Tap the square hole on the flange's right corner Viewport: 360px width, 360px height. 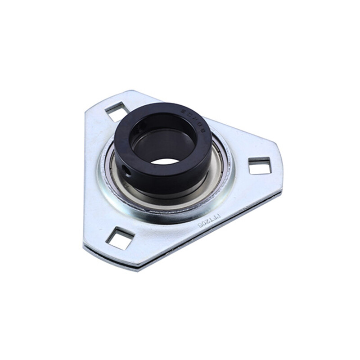click(x=260, y=166)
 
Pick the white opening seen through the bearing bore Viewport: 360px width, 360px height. click(x=164, y=161)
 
